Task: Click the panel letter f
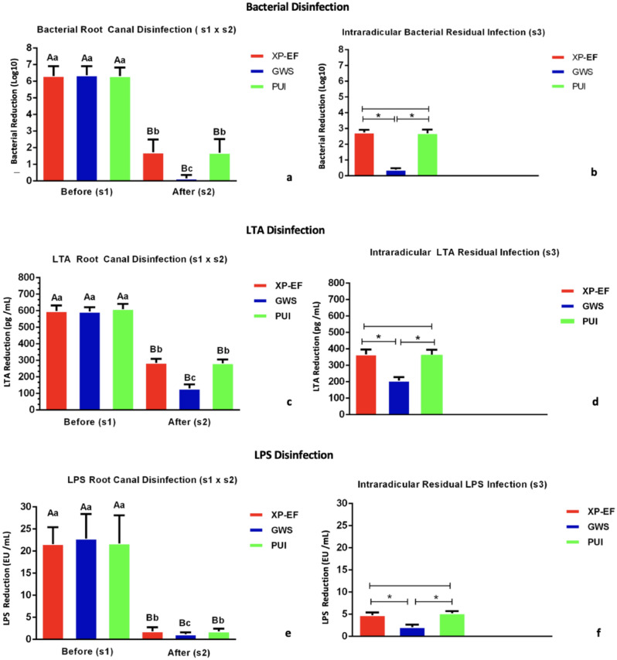591,632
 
